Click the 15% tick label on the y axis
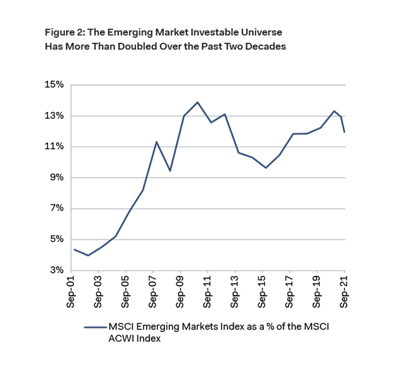click(55, 85)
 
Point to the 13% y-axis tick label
click(55, 116)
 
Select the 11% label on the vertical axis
click(55, 147)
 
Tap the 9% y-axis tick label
click(57, 177)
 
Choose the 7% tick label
click(57, 208)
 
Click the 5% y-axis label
click(57, 239)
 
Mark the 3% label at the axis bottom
click(57, 270)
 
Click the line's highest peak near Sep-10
click(198, 102)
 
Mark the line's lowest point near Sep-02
click(88, 255)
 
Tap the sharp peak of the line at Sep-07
click(156, 141)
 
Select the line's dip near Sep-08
click(170, 170)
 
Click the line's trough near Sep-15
click(266, 168)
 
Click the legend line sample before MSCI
click(94, 327)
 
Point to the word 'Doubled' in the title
click(150, 46)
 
